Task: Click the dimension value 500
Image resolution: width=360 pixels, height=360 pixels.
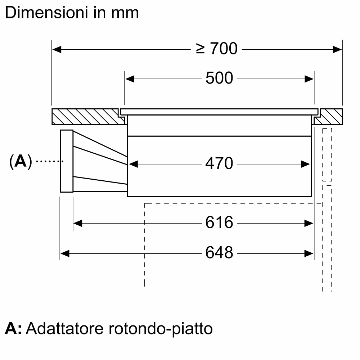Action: [x=219, y=78]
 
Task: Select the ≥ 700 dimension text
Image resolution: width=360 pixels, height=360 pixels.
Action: [x=217, y=49]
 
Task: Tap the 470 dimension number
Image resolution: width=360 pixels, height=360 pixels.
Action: [x=219, y=164]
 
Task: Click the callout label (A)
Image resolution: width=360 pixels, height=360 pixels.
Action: [x=21, y=162]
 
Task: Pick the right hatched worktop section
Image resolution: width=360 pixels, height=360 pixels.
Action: [x=330, y=116]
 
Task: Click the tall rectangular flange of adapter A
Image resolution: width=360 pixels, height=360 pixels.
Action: [x=67, y=161]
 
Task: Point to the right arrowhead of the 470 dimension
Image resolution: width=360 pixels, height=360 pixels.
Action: [x=306, y=164]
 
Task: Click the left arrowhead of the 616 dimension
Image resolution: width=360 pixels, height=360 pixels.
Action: [x=78, y=224]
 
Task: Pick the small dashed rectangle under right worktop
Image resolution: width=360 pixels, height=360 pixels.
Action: [x=327, y=155]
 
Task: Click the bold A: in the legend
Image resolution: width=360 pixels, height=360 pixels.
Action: [x=13, y=329]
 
